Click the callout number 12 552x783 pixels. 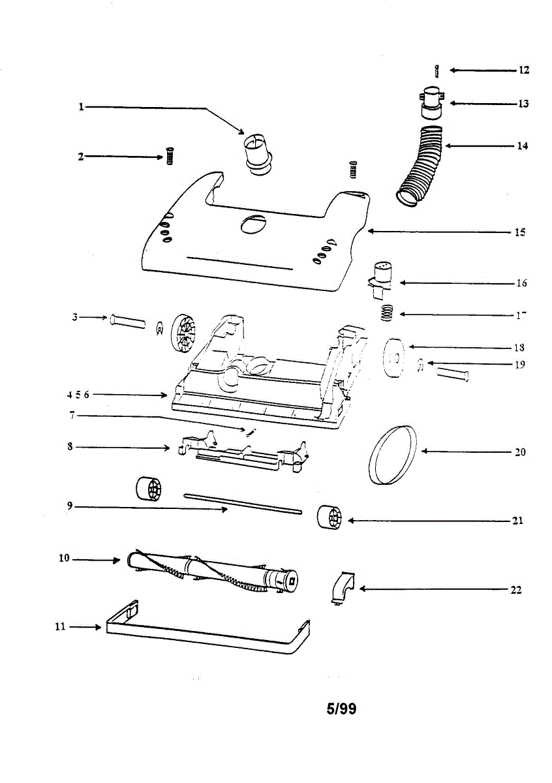coord(524,70)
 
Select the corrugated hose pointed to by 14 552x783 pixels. coord(422,164)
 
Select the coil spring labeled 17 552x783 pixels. coord(389,313)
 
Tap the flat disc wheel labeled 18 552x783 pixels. coord(394,358)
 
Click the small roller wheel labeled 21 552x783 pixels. coord(329,519)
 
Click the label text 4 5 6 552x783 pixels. coord(78,395)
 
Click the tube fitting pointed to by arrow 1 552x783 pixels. coord(256,153)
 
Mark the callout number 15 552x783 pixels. coord(520,232)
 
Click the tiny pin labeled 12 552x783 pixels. coord(436,70)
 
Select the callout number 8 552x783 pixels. coord(69,447)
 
